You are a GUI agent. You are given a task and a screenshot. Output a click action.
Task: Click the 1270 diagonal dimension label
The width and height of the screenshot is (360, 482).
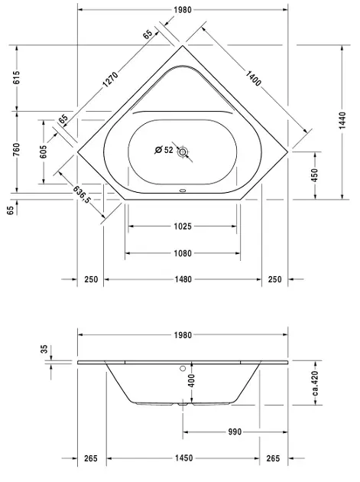tap(110, 80)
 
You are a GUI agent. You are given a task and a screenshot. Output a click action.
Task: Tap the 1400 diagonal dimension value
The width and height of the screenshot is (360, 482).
tap(254, 78)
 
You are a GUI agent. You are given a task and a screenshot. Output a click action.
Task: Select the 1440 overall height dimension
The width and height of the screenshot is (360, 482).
tap(342, 120)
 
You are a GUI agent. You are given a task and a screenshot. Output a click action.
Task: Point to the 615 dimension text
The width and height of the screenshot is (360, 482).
tap(16, 77)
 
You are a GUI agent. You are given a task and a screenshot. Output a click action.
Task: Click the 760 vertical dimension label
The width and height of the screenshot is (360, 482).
tap(16, 149)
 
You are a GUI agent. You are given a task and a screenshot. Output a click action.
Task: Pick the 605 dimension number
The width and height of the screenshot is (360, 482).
tap(44, 151)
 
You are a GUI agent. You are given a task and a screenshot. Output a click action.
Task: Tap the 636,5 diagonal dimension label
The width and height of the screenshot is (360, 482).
tap(82, 194)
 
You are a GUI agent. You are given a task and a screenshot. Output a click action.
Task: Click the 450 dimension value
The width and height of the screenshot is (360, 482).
tap(315, 175)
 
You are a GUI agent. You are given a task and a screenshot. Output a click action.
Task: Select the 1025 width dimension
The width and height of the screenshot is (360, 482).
tap(183, 226)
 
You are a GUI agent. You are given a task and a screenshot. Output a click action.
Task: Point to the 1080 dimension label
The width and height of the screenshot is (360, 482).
tap(183, 253)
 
